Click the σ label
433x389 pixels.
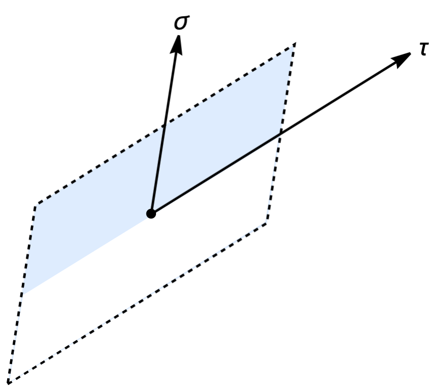coord(181,23)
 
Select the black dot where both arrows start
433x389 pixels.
coord(151,213)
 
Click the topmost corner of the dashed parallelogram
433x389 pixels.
coord(294,44)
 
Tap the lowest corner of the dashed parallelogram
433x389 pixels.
coord(9,382)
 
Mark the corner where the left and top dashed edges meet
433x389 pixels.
coord(36,205)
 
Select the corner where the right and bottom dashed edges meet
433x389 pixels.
coord(266,223)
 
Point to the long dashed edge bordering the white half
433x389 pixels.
coord(137,302)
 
